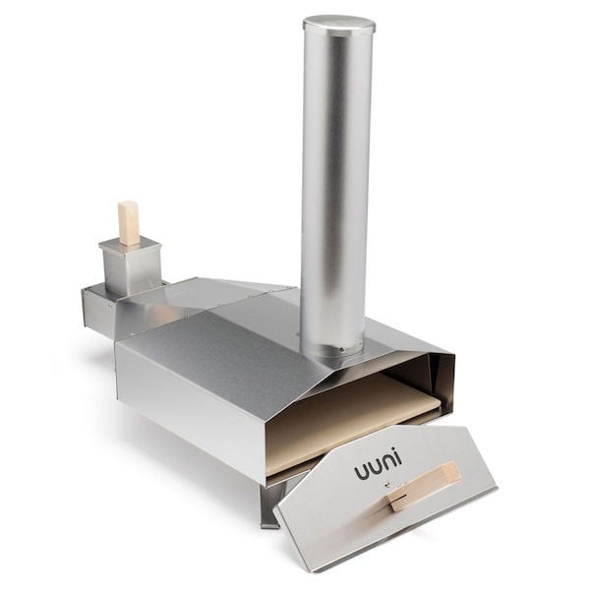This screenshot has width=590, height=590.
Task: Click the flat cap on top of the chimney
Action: coord(338,23)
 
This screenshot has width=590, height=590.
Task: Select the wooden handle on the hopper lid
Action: coord(129,221)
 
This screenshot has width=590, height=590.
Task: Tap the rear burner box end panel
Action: coord(96,311)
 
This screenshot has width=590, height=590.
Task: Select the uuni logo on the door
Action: coord(378,469)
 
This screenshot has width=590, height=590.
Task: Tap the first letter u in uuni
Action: coord(360,474)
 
